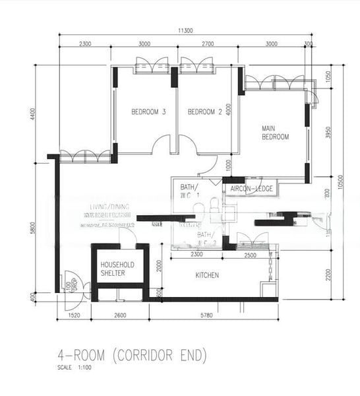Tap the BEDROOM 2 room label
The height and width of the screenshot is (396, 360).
pos(205,112)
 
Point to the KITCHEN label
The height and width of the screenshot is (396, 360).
pos(207,275)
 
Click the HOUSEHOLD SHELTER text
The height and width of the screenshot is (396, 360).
pos(117,269)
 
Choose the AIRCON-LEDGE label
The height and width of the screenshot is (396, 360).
pos(251,189)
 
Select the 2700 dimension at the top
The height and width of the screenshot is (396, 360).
pos(207,44)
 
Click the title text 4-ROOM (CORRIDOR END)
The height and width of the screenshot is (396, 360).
pos(132,356)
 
